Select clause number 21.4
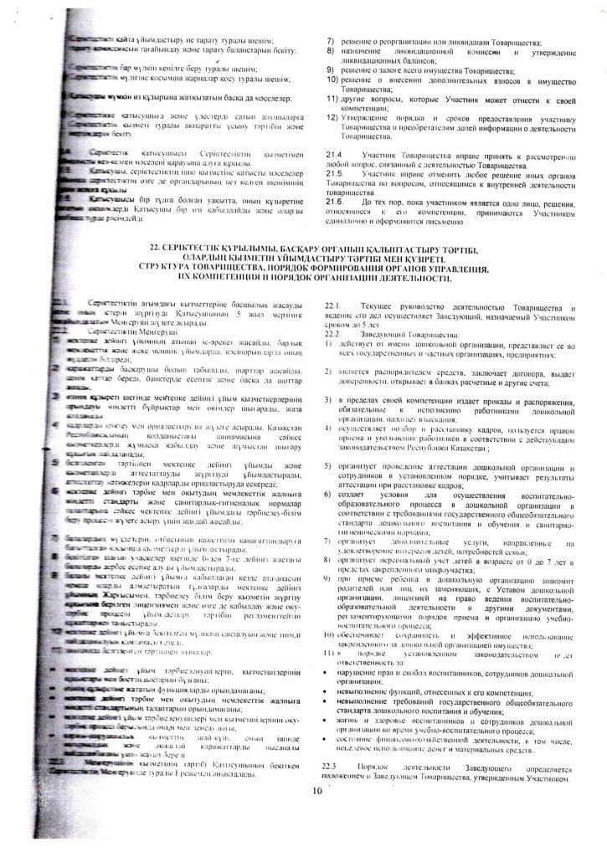[x=333, y=156]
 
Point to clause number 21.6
[x=333, y=203]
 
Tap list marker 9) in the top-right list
[x=330, y=72]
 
